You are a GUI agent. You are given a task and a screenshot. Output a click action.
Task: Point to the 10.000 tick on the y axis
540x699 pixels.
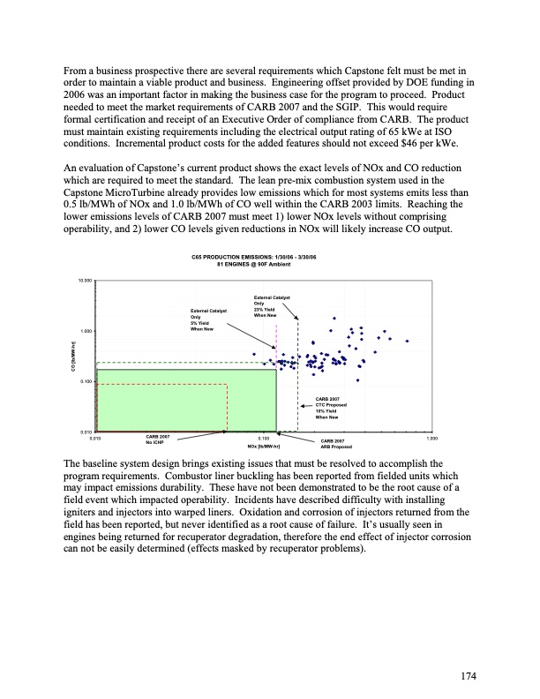pos(86,280)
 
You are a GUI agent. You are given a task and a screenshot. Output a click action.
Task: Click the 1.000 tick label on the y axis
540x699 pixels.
pos(86,330)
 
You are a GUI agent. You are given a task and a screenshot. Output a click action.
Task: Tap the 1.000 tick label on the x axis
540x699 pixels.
pos(431,437)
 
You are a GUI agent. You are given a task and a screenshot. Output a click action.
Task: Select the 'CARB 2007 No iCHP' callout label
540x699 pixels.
pos(158,439)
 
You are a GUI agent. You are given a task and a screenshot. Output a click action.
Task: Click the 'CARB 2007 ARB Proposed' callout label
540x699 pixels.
pos(333,443)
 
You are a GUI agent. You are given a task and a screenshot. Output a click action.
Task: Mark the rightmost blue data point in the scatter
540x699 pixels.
pos(408,341)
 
